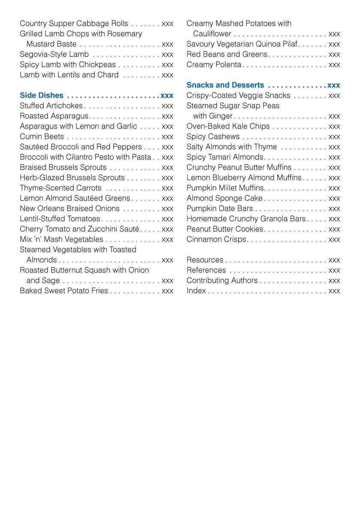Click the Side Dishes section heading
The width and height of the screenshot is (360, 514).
pyautogui.click(x=42, y=96)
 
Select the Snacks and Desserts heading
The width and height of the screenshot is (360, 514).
pyautogui.click(x=225, y=85)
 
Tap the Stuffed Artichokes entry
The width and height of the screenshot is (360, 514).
pyautogui.click(x=51, y=106)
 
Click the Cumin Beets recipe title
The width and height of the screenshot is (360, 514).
pyautogui.click(x=42, y=137)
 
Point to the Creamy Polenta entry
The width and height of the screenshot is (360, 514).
pyautogui.click(x=214, y=65)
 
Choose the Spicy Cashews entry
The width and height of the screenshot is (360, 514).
pyautogui.click(x=213, y=137)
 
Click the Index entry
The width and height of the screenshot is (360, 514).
pyautogui.click(x=196, y=291)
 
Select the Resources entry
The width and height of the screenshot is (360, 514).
pyautogui.click(x=205, y=260)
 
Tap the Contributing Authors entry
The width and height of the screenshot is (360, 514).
pyautogui.click(x=222, y=281)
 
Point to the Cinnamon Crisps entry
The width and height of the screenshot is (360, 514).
pyautogui.click(x=216, y=239)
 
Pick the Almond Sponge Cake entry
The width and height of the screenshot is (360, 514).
pyautogui.click(x=224, y=198)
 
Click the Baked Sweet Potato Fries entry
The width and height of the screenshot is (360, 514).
pyautogui.click(x=64, y=291)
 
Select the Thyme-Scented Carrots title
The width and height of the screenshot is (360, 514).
pyautogui.click(x=60, y=188)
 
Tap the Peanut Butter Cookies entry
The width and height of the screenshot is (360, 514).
pyautogui.click(x=225, y=229)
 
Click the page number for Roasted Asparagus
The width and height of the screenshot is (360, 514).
pyautogui.click(x=168, y=116)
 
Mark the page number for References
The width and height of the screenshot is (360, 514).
pyautogui.click(x=334, y=270)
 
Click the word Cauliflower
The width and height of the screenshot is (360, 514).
pyautogui.click(x=212, y=34)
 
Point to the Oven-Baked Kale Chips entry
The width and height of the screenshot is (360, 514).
pyautogui.click(x=228, y=126)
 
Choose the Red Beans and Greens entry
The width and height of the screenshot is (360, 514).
pyautogui.click(x=227, y=54)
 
